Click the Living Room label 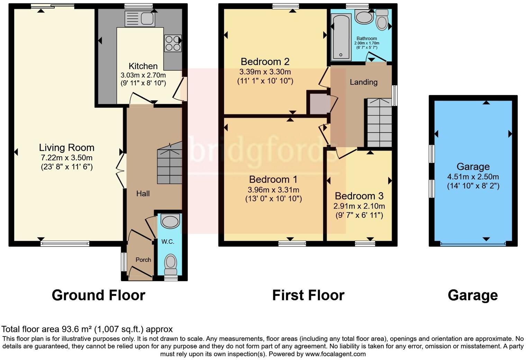point(66,148)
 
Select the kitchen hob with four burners point(172,44)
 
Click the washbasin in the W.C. point(170,221)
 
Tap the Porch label point(143,260)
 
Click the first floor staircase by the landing point(379,123)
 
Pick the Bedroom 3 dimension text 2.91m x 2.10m point(359,206)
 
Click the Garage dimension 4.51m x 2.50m point(473,177)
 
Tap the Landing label point(363,82)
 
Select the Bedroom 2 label point(265,62)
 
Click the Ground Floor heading point(98,295)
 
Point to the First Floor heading point(308,295)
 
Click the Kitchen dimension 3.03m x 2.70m point(143,75)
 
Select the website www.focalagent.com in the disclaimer point(335,354)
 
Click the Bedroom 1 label point(273,179)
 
